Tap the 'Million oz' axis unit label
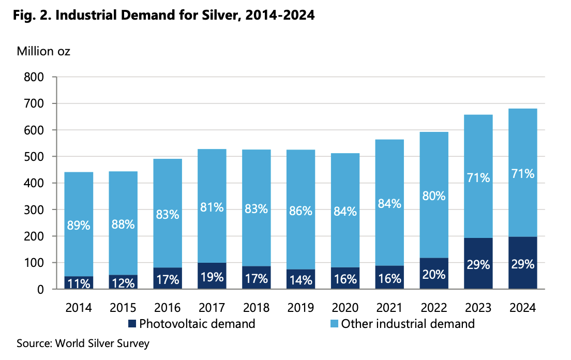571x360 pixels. [43, 51]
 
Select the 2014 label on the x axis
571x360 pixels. [79, 308]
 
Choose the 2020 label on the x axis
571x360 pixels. [345, 308]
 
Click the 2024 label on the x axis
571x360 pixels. [522, 308]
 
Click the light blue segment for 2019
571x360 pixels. [300, 181]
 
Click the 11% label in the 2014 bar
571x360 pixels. [79, 283]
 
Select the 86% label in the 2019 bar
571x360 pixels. [300, 211]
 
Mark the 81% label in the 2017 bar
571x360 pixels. [212, 207]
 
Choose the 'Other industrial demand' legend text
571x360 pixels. [408, 324]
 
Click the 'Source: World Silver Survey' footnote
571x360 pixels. [83, 343]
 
